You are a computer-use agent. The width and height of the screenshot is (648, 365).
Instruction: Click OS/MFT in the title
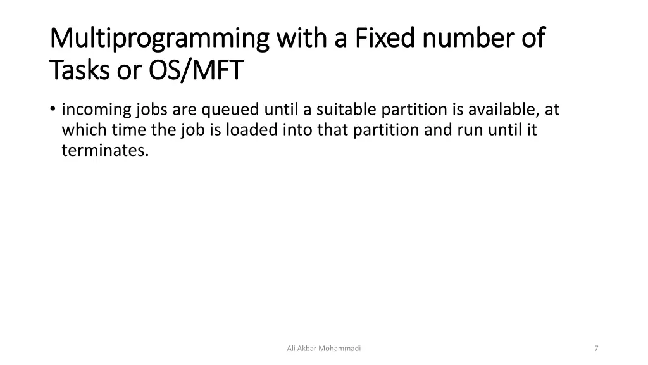[196, 71]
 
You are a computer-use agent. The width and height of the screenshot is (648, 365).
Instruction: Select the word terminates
[105, 151]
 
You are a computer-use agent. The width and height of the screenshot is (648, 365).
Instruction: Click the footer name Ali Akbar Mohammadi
[324, 349]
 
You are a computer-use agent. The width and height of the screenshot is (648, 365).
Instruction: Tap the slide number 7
[596, 349]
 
